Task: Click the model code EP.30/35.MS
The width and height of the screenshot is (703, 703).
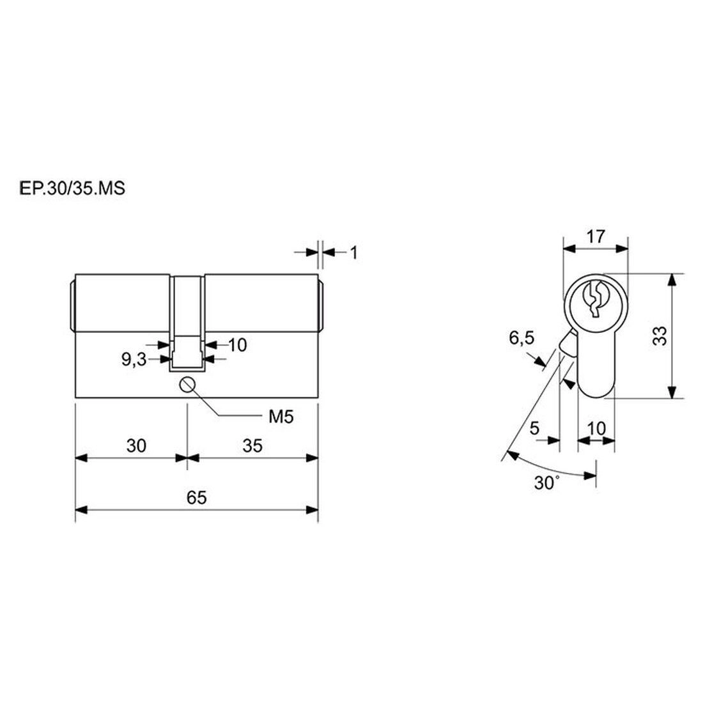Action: (x=72, y=189)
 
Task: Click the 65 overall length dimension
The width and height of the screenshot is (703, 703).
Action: (x=196, y=498)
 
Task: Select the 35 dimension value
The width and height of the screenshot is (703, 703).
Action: (x=252, y=446)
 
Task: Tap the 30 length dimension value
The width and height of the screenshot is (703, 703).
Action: (x=136, y=446)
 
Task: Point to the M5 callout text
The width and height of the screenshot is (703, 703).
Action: (x=281, y=417)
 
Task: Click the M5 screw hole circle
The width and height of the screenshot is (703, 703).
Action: (x=187, y=385)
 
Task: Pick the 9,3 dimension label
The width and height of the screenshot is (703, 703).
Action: (x=134, y=360)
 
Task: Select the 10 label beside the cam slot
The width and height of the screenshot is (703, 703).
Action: (x=238, y=345)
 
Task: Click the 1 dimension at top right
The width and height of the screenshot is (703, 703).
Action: (x=354, y=253)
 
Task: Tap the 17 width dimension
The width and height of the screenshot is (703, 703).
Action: (x=596, y=236)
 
